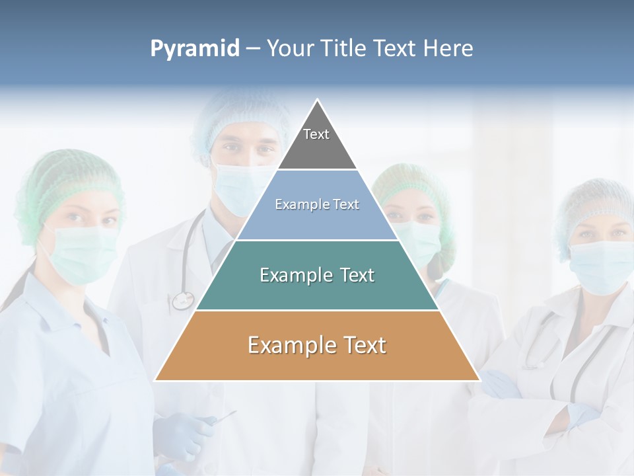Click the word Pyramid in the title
click(x=194, y=49)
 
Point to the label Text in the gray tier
click(x=316, y=134)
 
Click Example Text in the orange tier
click(x=317, y=345)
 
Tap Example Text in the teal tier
click(x=317, y=275)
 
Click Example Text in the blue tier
click(x=317, y=204)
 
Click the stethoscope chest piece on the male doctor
click(x=182, y=301)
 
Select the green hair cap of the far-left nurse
click(x=66, y=178)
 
